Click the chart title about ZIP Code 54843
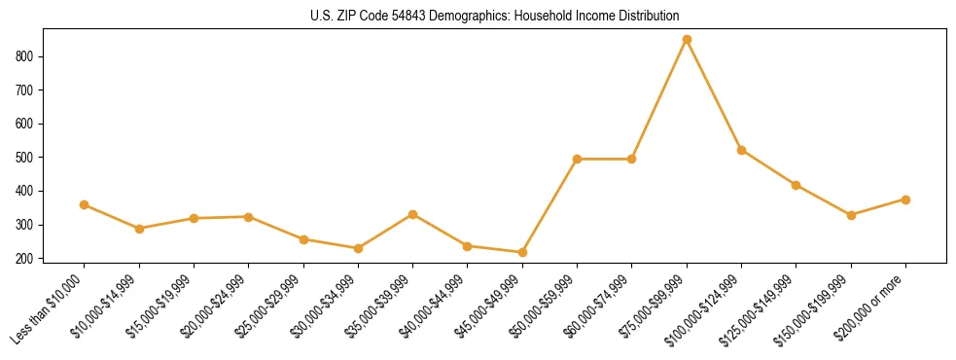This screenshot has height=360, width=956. coord(478,17)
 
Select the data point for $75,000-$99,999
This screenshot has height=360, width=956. coord(687,40)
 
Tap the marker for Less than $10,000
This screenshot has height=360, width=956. coord(85,204)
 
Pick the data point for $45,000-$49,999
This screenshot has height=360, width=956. coord(522,252)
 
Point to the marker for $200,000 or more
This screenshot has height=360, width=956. coord(905,199)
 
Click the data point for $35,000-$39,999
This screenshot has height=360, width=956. coord(413,214)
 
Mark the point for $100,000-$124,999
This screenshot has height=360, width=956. coord(742,150)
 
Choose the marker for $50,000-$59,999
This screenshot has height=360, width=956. coord(578,159)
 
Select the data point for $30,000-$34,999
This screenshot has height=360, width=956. coord(358,248)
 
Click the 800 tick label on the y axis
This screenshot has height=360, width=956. coord(28,56)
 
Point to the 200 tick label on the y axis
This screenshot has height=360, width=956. coord(28,258)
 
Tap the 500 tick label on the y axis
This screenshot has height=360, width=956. coord(28,158)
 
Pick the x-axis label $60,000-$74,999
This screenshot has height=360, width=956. coord(597,308)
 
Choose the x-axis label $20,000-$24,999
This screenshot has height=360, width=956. coord(214,308)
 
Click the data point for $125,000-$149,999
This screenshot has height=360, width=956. coord(797,185)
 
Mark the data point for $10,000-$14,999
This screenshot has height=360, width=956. coord(139,229)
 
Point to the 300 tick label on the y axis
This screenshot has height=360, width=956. coord(28,225)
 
